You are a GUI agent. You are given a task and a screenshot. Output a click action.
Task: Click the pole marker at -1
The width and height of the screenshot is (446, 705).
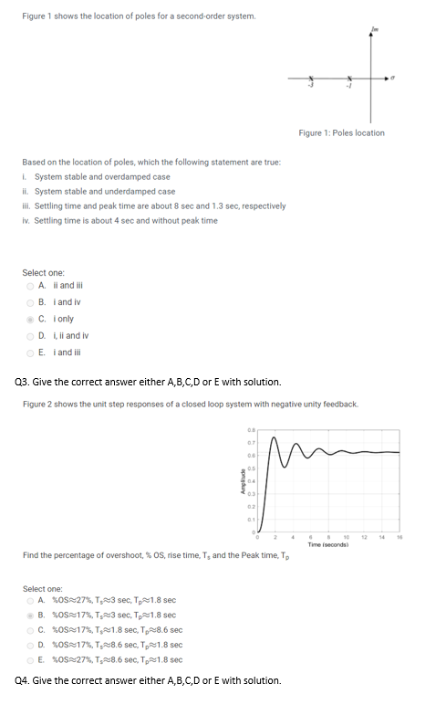click(x=348, y=78)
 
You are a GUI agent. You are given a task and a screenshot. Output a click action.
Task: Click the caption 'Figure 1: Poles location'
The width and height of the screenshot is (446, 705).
click(x=341, y=133)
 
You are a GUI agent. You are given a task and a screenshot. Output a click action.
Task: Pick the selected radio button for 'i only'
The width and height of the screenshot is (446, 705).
click(x=30, y=319)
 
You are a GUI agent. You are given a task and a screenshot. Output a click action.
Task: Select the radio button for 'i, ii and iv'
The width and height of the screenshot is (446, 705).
click(x=30, y=333)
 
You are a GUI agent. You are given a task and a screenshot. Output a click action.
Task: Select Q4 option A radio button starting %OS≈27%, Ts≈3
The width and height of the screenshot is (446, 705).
click(x=30, y=600)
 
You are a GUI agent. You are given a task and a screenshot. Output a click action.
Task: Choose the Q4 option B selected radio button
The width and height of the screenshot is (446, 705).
click(x=30, y=615)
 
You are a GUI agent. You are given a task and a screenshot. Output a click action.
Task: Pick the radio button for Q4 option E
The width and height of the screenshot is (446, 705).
click(x=30, y=659)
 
